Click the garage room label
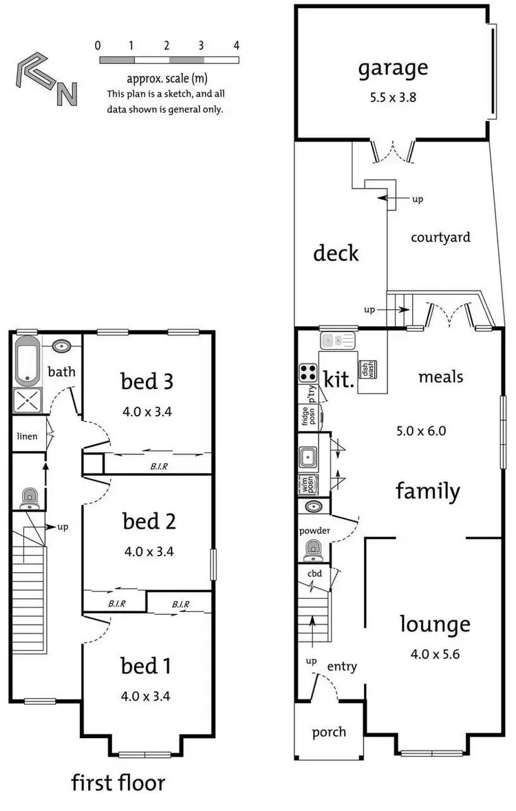pos(392,68)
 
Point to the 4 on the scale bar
pos(236,46)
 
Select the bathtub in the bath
pos(28,360)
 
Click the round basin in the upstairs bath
pos(63,346)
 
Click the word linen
pos(28,436)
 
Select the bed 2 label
pos(149,521)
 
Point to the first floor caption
pos(118,783)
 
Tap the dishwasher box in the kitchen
pos(366,369)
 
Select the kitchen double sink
pos(338,340)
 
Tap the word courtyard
pos(440,238)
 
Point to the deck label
pos(336,253)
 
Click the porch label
pos(329,732)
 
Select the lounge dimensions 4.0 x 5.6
pos(435,653)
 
